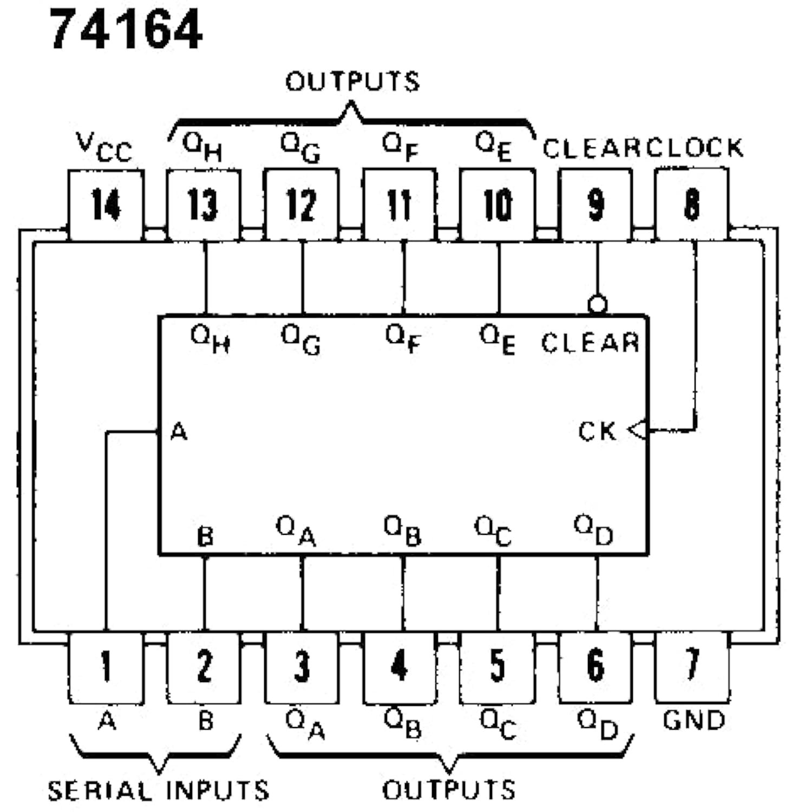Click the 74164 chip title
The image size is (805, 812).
click(x=126, y=30)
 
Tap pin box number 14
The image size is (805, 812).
click(x=106, y=205)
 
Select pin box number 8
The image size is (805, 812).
click(x=691, y=205)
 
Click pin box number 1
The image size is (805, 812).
click(x=106, y=667)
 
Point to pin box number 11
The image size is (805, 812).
click(x=400, y=205)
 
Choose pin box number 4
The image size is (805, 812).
click(x=400, y=667)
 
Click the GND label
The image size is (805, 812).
click(x=693, y=721)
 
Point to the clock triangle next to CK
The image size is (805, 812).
click(x=638, y=430)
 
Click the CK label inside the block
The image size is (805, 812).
click(x=597, y=431)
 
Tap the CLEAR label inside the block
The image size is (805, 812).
click(x=590, y=343)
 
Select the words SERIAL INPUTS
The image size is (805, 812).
click(x=158, y=791)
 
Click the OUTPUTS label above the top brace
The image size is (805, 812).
click(x=352, y=82)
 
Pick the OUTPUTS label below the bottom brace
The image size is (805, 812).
click(x=449, y=790)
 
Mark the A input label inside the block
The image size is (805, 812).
click(x=179, y=432)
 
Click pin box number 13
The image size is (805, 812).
click(x=204, y=205)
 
